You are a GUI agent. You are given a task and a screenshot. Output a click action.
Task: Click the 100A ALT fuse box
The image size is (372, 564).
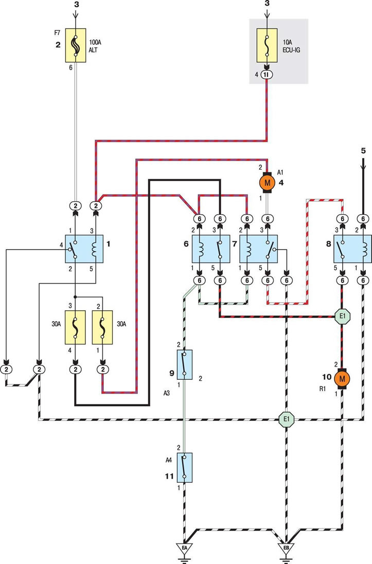pyautogui.click(x=76, y=45)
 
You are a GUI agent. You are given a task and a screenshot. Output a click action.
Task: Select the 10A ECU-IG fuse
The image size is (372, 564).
pyautogui.click(x=267, y=45)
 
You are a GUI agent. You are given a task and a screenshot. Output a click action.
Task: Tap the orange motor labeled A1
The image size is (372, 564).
pyautogui.click(x=267, y=183)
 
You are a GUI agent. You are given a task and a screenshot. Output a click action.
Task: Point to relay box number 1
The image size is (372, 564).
pyautogui.click(x=84, y=249)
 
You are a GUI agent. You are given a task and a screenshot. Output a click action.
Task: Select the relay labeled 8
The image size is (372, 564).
pyautogui.click(x=352, y=249)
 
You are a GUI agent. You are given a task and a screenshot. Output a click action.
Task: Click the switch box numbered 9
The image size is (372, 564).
pyautogui.click(x=184, y=364)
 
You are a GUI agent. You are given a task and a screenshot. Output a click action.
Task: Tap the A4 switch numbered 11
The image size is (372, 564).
pyautogui.click(x=184, y=467)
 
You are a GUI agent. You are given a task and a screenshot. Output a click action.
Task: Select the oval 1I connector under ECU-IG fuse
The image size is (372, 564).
pyautogui.click(x=267, y=75)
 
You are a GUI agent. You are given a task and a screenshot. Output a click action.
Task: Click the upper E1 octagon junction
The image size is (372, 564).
pyautogui.click(x=342, y=316)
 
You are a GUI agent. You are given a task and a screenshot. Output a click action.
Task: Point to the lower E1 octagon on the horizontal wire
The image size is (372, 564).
pyautogui.click(x=287, y=419)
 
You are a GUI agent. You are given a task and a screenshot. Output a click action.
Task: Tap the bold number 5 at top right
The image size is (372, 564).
pyautogui.click(x=363, y=151)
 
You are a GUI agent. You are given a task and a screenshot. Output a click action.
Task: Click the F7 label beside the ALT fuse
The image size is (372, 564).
pyautogui.click(x=57, y=33)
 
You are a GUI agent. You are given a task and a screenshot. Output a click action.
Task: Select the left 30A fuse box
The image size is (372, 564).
pyautogui.click(x=75, y=327)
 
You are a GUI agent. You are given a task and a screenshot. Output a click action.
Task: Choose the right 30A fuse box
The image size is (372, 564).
pyautogui.click(x=102, y=327)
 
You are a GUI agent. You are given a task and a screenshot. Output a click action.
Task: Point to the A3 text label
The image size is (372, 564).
pyautogui.click(x=166, y=394)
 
